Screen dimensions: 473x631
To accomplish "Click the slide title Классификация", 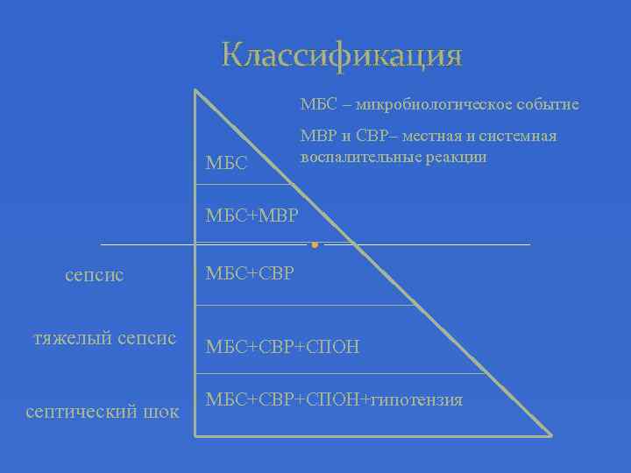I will [x=342, y=54].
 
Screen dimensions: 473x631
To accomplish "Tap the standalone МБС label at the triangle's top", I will [x=226, y=164].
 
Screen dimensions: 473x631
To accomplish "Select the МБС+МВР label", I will [x=252, y=215].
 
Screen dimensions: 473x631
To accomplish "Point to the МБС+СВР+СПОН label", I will [x=281, y=347].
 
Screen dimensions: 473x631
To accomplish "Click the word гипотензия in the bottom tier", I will [x=416, y=400].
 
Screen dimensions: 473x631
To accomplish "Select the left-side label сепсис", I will [x=95, y=275].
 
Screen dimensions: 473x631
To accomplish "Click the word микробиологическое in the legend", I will [x=411, y=105].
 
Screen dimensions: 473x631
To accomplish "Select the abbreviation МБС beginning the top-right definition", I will [x=315, y=105].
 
